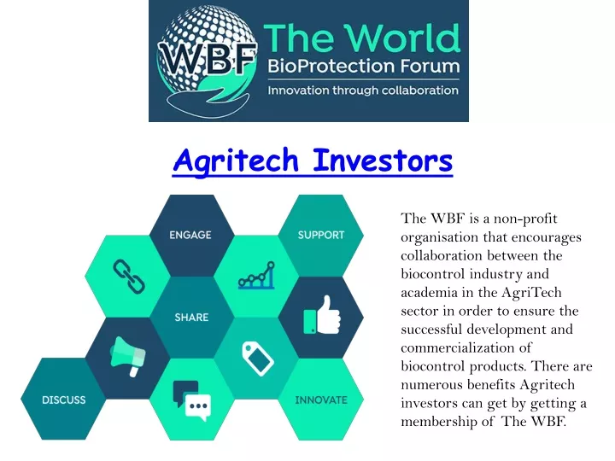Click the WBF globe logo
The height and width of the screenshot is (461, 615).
pos(207,60)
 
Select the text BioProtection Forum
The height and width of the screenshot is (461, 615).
pos(364,66)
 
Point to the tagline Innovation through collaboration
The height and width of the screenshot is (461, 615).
pos(363,90)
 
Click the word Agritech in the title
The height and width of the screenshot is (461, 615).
pos(236,160)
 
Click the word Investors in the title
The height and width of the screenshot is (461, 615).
pos(383,160)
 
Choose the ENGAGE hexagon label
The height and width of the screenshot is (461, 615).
pos(190,236)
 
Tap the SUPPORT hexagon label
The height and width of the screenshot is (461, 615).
pos(321,236)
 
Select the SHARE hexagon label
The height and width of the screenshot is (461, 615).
pos(191,317)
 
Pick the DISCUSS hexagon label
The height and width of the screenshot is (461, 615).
pos(63,400)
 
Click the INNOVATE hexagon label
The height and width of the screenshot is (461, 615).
pos(321,400)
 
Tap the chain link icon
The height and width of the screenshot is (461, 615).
pos(129,277)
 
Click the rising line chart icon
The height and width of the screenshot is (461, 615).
pos(256,276)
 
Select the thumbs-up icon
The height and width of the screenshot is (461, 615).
pos(322,316)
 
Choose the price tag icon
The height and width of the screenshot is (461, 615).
pos(258,359)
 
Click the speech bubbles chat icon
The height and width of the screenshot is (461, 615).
pos(192,400)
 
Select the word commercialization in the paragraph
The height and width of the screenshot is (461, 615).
pos(466,347)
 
